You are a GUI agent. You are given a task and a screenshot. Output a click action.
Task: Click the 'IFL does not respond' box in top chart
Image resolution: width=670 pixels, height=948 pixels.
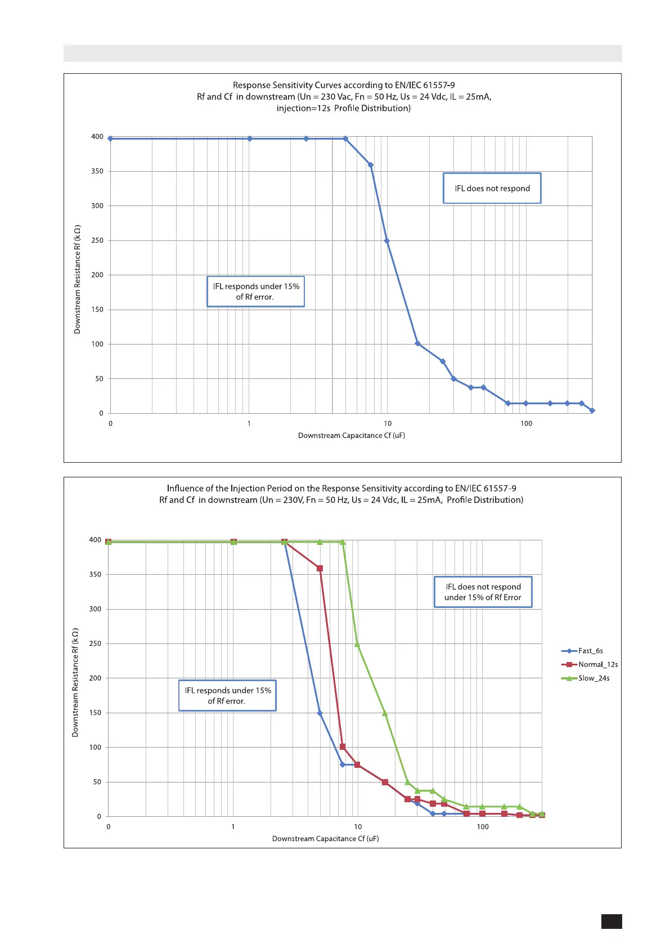[x=492, y=189]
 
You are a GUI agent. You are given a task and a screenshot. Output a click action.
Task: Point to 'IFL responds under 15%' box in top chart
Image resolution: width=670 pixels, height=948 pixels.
[x=256, y=292]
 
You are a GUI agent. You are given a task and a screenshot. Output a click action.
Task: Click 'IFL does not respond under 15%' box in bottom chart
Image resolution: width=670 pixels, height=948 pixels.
[x=483, y=592]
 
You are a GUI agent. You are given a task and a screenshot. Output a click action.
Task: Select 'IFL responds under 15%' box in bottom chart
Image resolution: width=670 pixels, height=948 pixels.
[x=228, y=696]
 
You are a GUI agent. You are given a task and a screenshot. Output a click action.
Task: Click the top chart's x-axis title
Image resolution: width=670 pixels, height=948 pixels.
[x=352, y=436]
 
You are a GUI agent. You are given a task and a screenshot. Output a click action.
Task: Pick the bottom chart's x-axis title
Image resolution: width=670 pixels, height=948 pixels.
[x=326, y=839]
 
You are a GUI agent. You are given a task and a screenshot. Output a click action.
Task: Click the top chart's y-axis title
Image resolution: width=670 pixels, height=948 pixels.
[x=78, y=279]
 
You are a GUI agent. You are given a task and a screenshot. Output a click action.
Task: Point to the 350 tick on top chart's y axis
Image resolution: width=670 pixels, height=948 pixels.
[x=97, y=171]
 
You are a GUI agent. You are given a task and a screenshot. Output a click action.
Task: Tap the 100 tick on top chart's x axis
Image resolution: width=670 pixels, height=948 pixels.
[x=526, y=424]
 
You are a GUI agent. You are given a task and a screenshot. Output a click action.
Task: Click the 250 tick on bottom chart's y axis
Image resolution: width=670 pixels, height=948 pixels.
[x=95, y=643]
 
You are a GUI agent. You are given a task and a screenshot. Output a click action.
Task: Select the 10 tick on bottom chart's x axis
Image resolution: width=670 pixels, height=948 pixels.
[x=358, y=827]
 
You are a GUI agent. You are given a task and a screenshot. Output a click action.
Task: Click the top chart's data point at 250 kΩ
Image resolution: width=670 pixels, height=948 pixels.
[x=386, y=241]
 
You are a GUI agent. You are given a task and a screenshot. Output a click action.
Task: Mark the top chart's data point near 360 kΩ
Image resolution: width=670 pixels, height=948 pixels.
[x=370, y=165]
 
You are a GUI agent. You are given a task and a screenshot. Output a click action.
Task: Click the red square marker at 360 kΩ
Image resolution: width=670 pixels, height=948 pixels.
[x=320, y=569]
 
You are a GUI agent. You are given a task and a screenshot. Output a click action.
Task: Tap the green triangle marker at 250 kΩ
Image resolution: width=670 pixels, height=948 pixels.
[x=357, y=645]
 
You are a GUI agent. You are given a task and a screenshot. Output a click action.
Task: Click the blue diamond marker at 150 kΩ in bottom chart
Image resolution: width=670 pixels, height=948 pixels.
[x=320, y=713]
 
